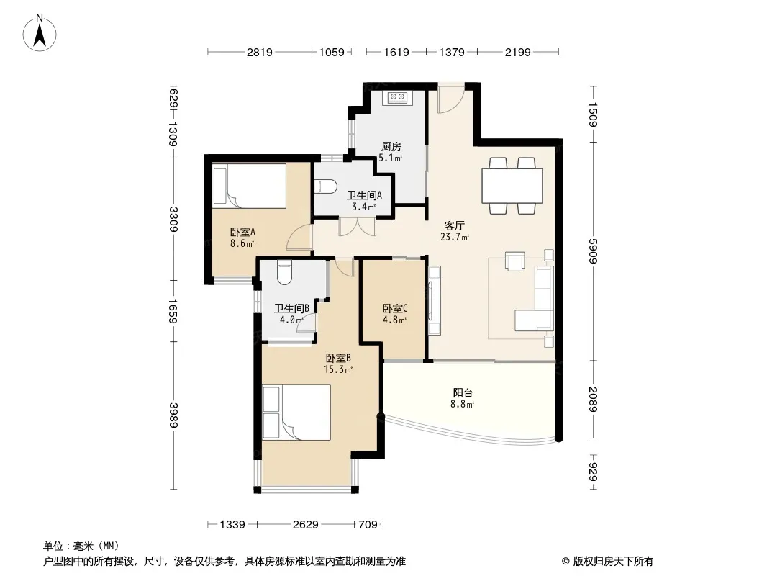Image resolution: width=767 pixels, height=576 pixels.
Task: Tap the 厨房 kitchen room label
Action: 391,146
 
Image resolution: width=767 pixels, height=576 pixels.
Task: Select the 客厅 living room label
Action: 455,225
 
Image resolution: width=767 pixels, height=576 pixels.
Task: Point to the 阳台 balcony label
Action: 463,392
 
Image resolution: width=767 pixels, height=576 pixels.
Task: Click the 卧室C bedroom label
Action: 395,309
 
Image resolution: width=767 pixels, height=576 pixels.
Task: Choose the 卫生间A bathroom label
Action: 364,195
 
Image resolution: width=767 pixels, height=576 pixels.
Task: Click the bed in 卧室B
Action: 296,412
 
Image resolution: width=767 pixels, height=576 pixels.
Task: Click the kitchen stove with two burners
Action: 397,98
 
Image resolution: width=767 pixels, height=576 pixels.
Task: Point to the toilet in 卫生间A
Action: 326,186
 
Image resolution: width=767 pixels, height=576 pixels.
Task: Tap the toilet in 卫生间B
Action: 284,273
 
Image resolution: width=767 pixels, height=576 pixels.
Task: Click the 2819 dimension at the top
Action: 259,52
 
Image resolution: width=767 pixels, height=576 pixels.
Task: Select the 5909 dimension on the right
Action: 593,251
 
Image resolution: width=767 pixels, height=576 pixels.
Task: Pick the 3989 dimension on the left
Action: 173,415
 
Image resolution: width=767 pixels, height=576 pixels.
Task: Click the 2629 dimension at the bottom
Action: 306,525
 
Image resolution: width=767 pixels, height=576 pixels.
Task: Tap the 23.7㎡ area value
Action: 455,238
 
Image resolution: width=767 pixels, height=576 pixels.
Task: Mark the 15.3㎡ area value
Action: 338,369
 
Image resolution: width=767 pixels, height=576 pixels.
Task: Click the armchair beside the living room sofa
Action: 514,261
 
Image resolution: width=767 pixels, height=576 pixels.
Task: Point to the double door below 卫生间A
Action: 358,227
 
